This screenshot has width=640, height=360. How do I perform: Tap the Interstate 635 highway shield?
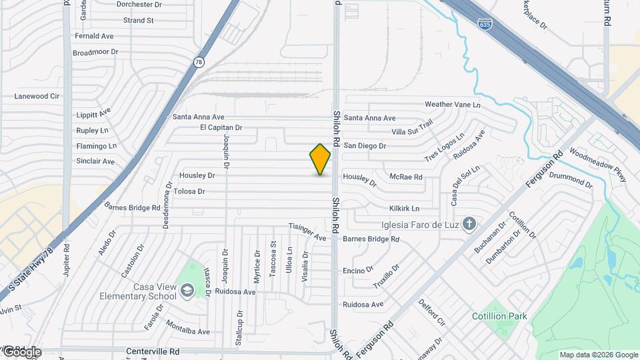pyautogui.click(x=485, y=23)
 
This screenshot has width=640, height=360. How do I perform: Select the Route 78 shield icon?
pyautogui.click(x=199, y=62)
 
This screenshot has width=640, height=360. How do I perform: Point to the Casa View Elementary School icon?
pyautogui.click(x=187, y=289)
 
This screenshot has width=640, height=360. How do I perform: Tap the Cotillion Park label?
pyautogui.click(x=499, y=316)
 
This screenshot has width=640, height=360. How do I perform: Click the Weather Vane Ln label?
pyautogui.click(x=452, y=105)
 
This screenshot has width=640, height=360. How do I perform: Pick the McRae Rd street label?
pyautogui.click(x=406, y=177)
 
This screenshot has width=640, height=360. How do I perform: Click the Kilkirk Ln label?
pyautogui.click(x=404, y=208)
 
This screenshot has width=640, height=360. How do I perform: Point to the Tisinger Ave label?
pyautogui.click(x=307, y=231)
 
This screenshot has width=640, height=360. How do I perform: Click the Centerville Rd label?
pyautogui.click(x=153, y=351)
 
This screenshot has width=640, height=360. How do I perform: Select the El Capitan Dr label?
pyautogui.click(x=221, y=127)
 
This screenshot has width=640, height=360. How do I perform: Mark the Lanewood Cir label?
pyautogui.click(x=37, y=97)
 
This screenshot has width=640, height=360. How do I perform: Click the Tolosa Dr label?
pyautogui.click(x=189, y=191)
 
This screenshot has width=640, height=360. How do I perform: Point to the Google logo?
pyautogui.click(x=21, y=351)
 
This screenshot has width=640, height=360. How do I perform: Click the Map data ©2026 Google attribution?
pyautogui.click(x=599, y=355)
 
